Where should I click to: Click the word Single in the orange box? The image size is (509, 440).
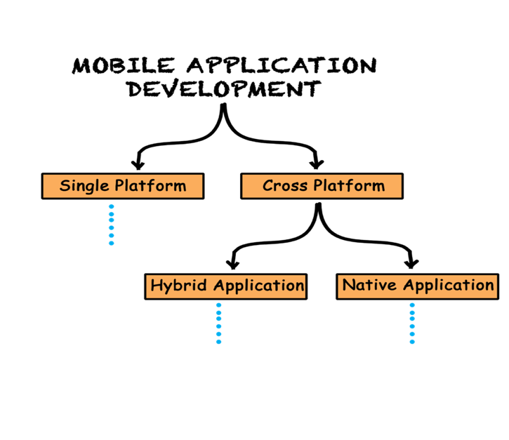[x=85, y=186]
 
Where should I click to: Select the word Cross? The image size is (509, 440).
[x=285, y=186]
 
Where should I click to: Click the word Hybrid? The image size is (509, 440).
[x=179, y=286]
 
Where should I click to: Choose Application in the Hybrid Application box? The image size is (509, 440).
[x=258, y=286]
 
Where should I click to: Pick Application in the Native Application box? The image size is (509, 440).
[x=449, y=285]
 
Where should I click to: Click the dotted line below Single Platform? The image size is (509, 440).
[x=111, y=225]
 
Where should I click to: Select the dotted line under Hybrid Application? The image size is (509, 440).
[x=218, y=324]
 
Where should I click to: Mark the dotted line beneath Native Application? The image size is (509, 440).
[x=412, y=324]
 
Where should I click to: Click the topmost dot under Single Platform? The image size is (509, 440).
[x=111, y=206]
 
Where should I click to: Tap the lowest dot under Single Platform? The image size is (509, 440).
[x=111, y=243]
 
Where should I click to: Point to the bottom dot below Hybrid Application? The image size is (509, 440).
[x=218, y=342]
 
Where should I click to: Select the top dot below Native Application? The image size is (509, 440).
[x=412, y=305]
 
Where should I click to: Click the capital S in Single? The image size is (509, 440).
[x=65, y=186]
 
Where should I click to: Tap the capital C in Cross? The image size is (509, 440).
[x=268, y=186]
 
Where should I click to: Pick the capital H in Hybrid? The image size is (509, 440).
[x=157, y=286]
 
